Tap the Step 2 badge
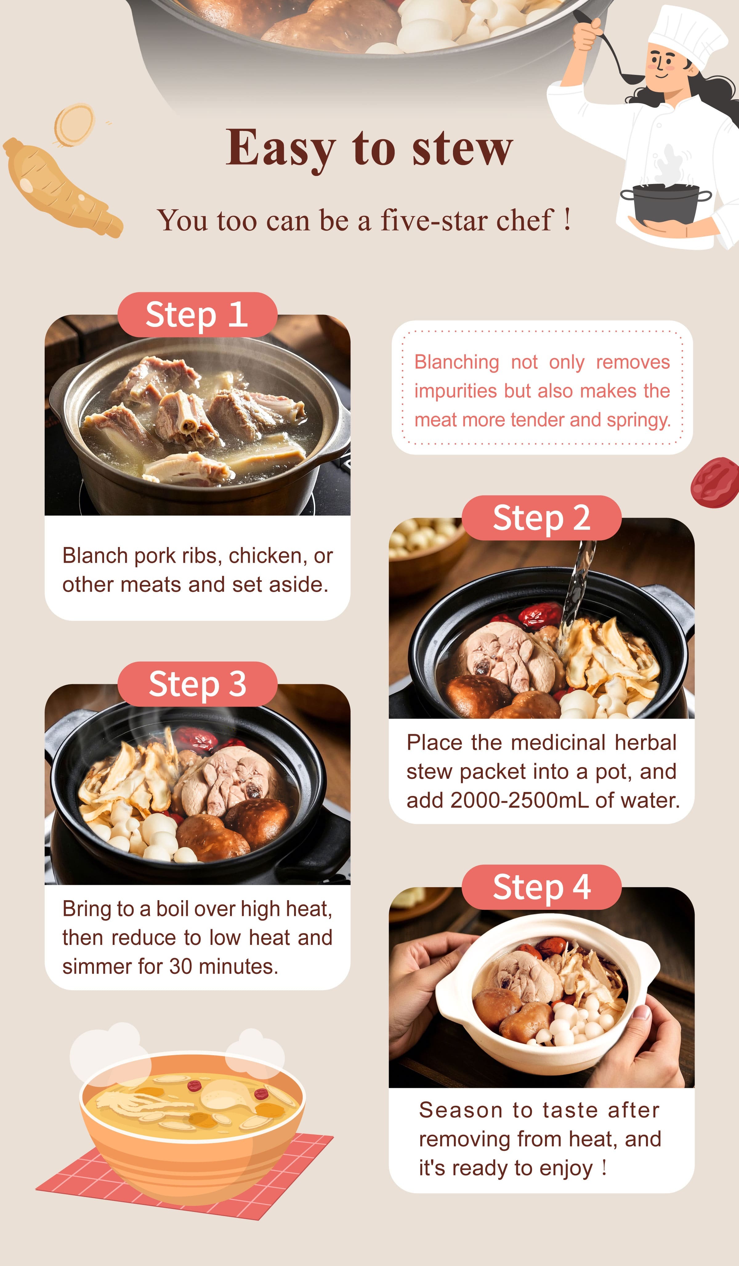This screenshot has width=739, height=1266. pyautogui.click(x=541, y=518)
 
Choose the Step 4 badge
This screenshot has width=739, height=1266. pyautogui.click(x=541, y=887)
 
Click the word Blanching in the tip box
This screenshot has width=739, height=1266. pyautogui.click(x=456, y=362)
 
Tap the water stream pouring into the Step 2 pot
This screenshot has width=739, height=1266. pyautogui.click(x=577, y=588)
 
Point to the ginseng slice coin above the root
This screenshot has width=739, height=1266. pyautogui.click(x=74, y=124)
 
